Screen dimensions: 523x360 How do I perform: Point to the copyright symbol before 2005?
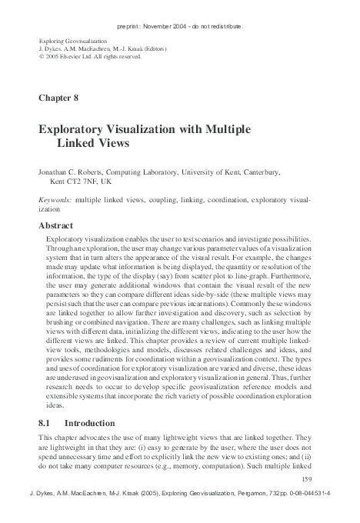(x=41, y=56)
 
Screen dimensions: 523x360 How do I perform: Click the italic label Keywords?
(x=55, y=199)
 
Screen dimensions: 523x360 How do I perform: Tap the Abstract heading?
(x=59, y=226)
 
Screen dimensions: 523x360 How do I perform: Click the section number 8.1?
(x=45, y=423)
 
